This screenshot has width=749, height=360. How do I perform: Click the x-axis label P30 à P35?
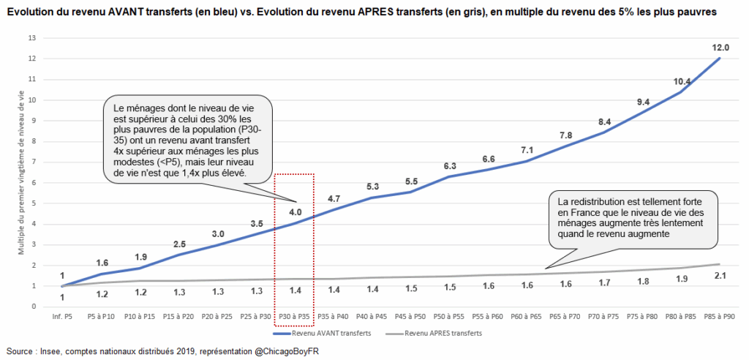tap(294, 318)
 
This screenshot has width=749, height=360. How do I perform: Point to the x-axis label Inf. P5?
tap(62, 318)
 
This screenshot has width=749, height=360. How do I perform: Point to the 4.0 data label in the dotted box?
tap(294, 212)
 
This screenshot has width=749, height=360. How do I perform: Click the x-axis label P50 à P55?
tap(448, 318)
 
